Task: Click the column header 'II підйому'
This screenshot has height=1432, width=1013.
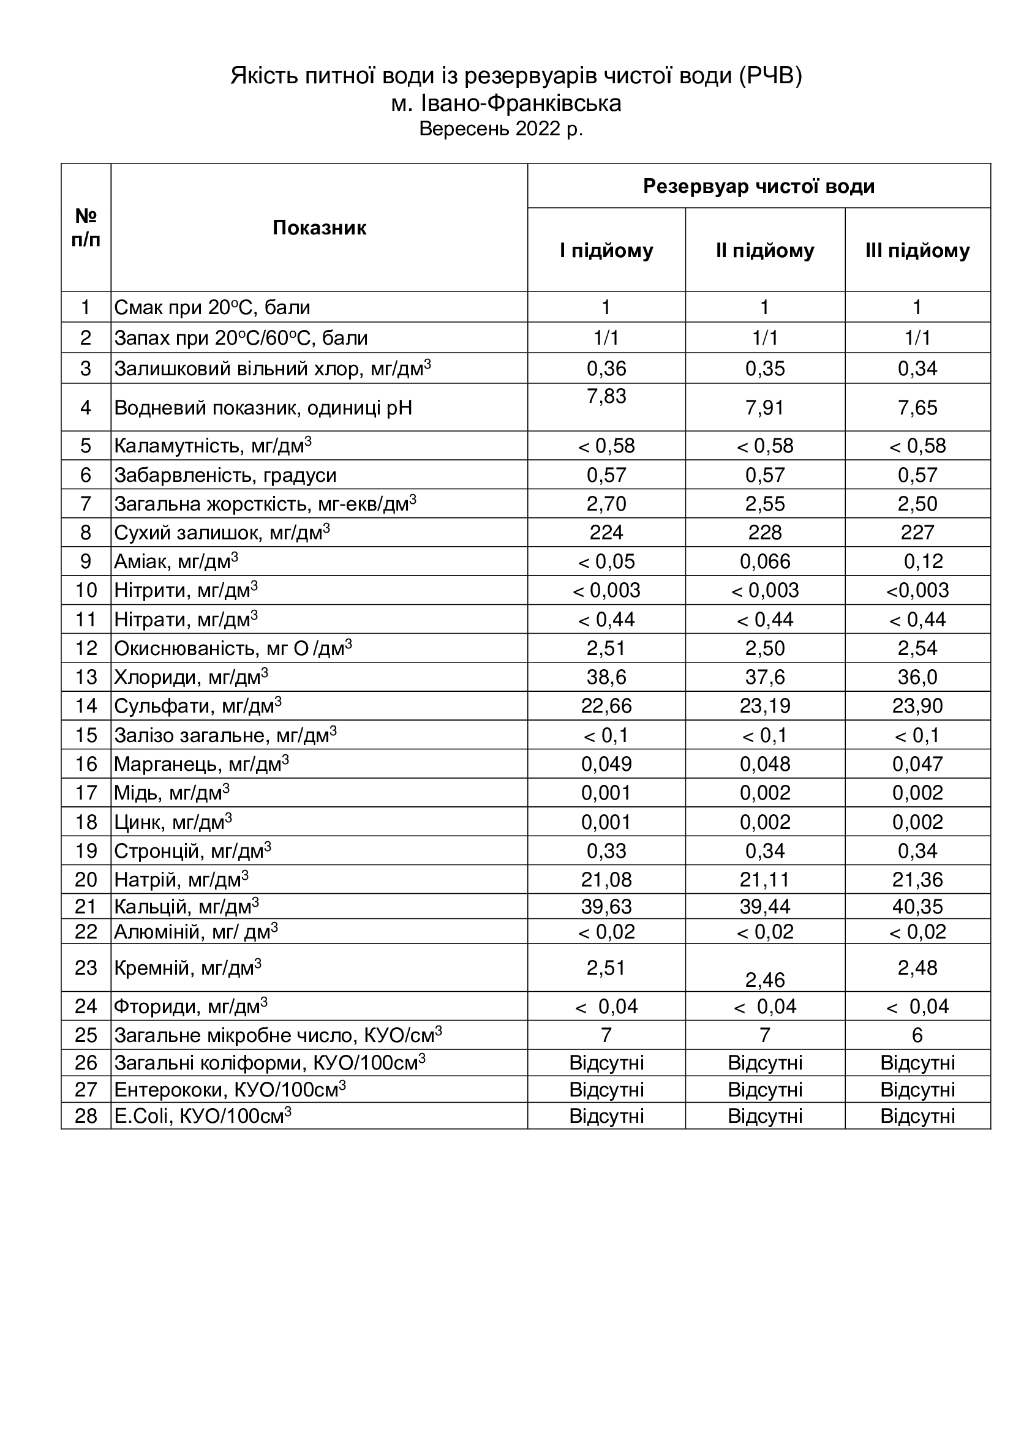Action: point(765,251)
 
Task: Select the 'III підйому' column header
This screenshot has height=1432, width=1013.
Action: point(917,251)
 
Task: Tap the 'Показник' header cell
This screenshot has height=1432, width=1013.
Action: point(318,228)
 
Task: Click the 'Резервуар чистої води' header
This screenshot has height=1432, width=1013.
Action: point(758,186)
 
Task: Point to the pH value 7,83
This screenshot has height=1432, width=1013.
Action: point(606,396)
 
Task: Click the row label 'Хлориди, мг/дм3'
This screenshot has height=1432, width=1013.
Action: point(191,677)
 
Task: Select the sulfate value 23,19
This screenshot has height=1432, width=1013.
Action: point(765,705)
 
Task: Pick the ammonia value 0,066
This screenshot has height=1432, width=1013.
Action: point(765,561)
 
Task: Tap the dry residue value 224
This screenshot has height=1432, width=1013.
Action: point(606,533)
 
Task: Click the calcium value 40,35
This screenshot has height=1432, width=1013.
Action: point(917,906)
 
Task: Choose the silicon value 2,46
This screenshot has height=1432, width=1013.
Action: point(765,980)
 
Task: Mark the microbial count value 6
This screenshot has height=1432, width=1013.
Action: point(917,1035)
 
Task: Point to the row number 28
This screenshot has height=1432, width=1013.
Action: point(86,1116)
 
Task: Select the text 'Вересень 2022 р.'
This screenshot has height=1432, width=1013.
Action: point(501,129)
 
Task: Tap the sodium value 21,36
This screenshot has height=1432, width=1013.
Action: point(917,879)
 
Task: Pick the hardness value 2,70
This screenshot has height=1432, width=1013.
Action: point(606,503)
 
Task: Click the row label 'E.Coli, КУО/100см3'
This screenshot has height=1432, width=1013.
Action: point(202,1116)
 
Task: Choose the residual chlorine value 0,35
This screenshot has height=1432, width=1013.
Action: point(765,369)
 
